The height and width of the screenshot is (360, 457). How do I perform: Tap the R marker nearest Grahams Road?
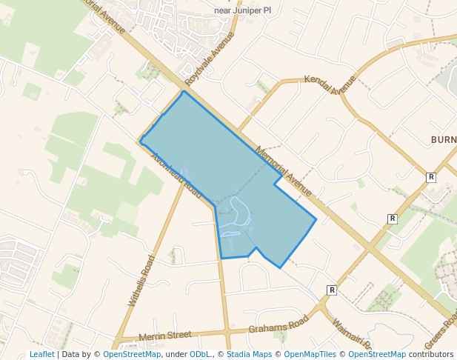click(x=332, y=290)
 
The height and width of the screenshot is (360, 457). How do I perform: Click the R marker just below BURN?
click(x=431, y=177)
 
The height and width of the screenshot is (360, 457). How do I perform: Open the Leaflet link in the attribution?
click(x=42, y=354)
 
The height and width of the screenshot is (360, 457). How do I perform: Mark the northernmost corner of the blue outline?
click(x=184, y=91)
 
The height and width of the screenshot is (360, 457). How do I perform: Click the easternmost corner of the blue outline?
click(x=316, y=219)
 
